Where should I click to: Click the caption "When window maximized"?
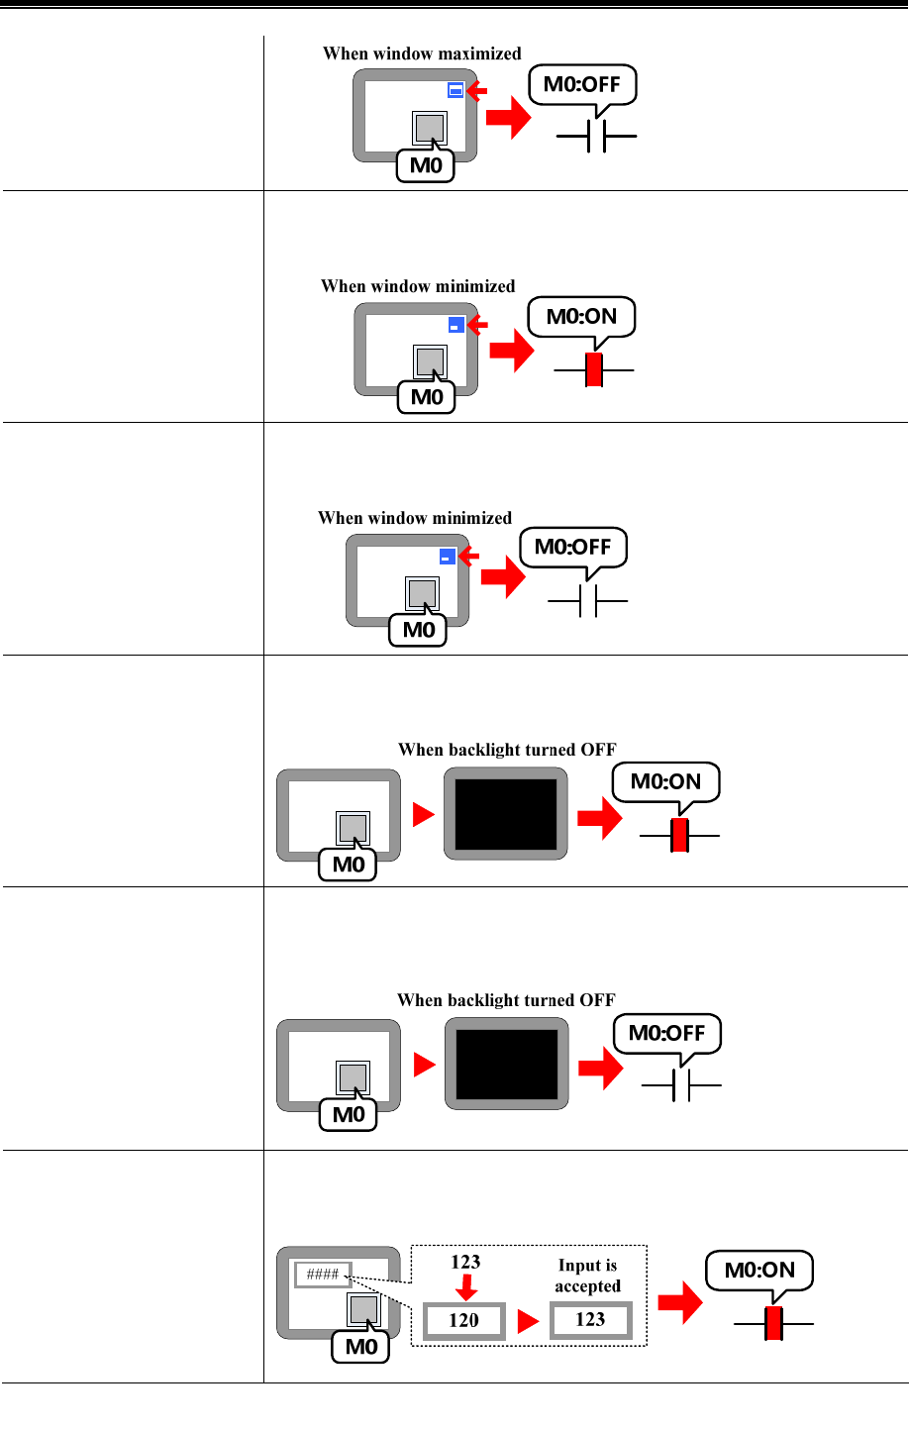[422, 54]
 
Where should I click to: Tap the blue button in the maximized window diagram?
[455, 90]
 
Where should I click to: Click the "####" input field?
[323, 1274]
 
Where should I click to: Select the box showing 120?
[463, 1320]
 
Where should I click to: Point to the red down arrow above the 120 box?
[465, 1287]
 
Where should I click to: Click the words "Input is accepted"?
[587, 1276]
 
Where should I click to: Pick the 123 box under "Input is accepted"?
[590, 1319]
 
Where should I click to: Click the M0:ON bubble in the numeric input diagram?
[759, 1271]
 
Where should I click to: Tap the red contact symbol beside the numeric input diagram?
[773, 1323]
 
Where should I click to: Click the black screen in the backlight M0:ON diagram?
[506, 814]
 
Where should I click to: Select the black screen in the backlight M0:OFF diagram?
[506, 1064]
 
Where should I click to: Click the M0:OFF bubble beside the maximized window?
[582, 85]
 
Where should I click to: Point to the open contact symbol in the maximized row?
[596, 137]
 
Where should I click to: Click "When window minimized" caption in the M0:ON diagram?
[418, 286]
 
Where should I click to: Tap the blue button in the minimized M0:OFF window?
[448, 557]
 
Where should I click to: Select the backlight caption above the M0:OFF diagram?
[506, 1000]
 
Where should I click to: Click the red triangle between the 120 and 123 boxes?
[528, 1321]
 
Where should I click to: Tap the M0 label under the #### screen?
[361, 1347]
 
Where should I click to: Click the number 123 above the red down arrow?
[465, 1262]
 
